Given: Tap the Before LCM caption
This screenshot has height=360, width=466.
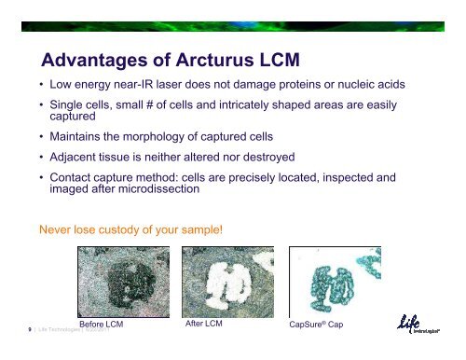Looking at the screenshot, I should [103, 325].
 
